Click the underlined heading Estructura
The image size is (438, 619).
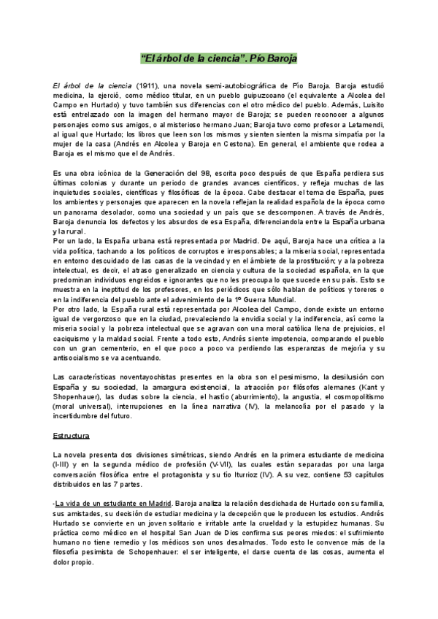[x=70, y=435]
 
